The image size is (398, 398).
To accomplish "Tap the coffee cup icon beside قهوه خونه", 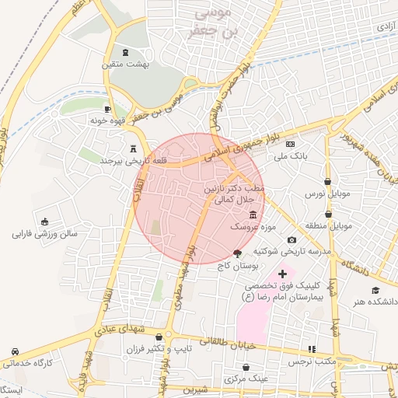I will [x=107, y=109].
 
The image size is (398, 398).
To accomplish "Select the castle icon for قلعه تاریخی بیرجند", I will [x=134, y=147].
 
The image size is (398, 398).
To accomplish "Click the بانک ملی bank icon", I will [x=291, y=144].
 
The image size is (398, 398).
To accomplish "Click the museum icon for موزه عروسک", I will [x=252, y=215].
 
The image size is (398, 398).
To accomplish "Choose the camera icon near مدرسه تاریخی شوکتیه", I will [x=292, y=240].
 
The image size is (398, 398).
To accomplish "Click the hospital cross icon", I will [x=281, y=274].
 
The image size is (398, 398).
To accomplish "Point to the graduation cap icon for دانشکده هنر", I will [x=375, y=289].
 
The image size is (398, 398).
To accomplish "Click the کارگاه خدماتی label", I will [x=28, y=362].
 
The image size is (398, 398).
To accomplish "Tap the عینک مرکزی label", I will [x=245, y=379].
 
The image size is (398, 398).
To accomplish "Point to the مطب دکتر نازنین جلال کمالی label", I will [x=234, y=194].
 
